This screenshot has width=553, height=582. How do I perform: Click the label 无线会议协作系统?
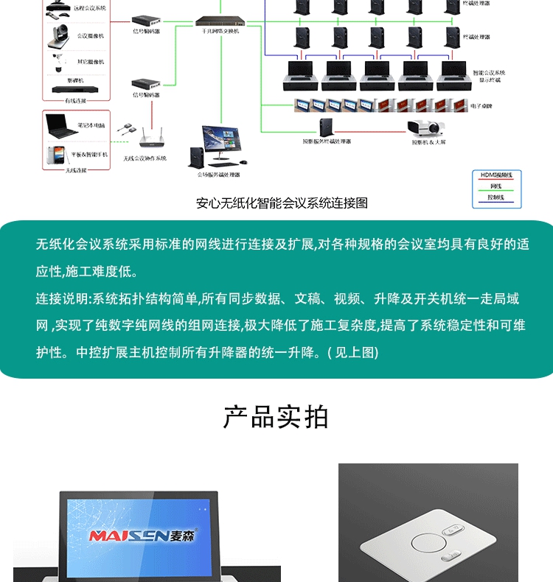(145, 158)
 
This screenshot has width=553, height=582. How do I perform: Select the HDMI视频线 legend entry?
(496, 175)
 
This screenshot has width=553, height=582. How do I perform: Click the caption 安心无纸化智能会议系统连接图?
(282, 203)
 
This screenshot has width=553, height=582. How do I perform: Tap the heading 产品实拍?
(276, 417)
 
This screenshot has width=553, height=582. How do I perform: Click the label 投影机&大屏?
(428, 141)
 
